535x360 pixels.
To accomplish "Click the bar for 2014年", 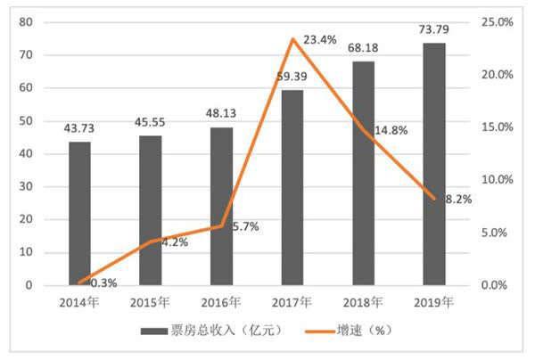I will pos(79,213).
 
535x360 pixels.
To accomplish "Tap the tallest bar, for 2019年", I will pos(434,164).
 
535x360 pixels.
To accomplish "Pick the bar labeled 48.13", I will pos(221,206).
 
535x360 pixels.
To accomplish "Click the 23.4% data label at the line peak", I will pos(320,40).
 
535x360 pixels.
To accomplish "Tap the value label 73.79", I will pos(434,31).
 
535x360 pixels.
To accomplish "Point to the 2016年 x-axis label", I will pos(221,303).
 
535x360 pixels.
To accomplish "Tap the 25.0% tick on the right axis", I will pos(496,21).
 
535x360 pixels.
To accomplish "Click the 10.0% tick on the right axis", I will pos(496,180).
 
